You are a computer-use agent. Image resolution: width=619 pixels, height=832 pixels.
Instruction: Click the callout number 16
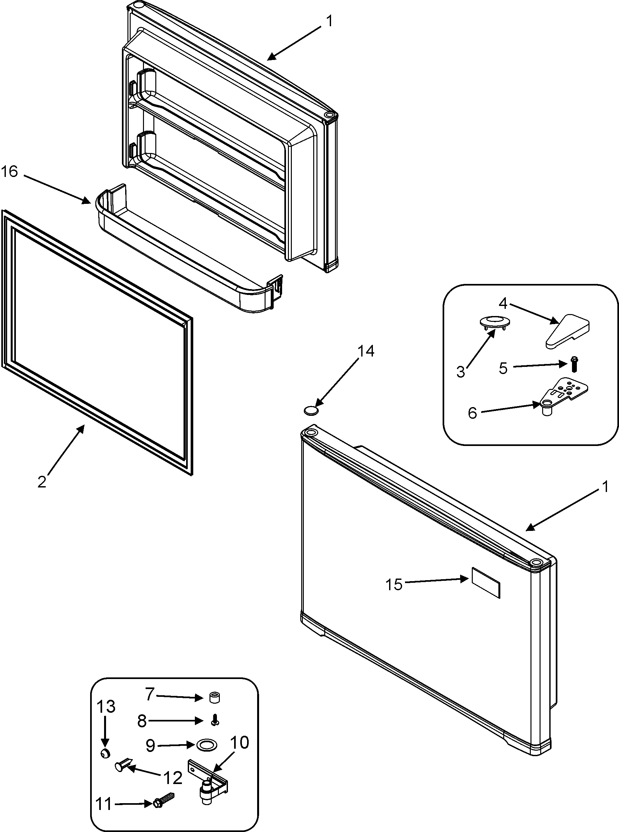point(9,172)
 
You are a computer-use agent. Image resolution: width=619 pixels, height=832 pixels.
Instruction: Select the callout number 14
point(365,351)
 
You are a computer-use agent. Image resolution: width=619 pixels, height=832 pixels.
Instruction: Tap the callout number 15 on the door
point(394,584)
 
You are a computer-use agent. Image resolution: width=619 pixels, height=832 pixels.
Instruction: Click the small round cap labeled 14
point(310,410)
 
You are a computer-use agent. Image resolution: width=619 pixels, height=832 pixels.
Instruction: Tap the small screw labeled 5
point(574,364)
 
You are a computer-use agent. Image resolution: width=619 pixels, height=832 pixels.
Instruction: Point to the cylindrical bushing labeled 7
point(214,697)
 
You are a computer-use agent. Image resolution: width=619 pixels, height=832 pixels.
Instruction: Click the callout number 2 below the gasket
point(42,482)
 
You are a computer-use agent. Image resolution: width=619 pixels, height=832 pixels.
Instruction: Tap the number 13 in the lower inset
point(106,707)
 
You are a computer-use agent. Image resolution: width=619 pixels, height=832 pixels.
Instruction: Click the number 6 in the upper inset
point(472,413)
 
